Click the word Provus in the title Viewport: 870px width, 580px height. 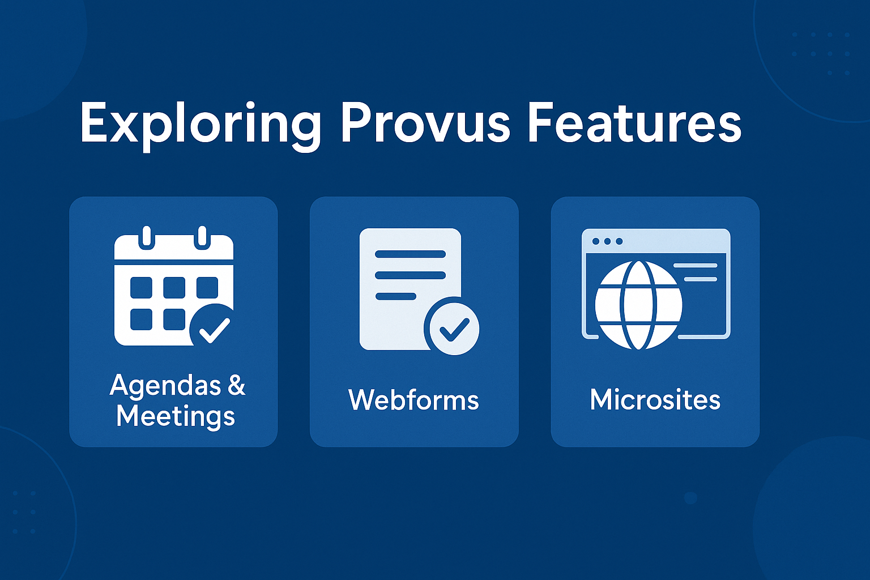coord(425,123)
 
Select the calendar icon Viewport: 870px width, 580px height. coord(174,286)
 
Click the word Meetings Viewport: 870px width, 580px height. coord(176,417)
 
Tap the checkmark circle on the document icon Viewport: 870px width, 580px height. coord(452,329)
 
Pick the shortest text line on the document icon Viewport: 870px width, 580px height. coord(396,296)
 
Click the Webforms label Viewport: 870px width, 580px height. coord(414,400)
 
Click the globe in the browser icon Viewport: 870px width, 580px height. coord(639,305)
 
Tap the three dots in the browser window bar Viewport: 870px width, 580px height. coord(607,241)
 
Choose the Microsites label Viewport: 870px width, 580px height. coord(655,400)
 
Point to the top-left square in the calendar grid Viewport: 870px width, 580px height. coord(141,288)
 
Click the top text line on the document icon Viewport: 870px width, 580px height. coord(410,254)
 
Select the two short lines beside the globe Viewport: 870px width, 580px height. coord(695,272)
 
